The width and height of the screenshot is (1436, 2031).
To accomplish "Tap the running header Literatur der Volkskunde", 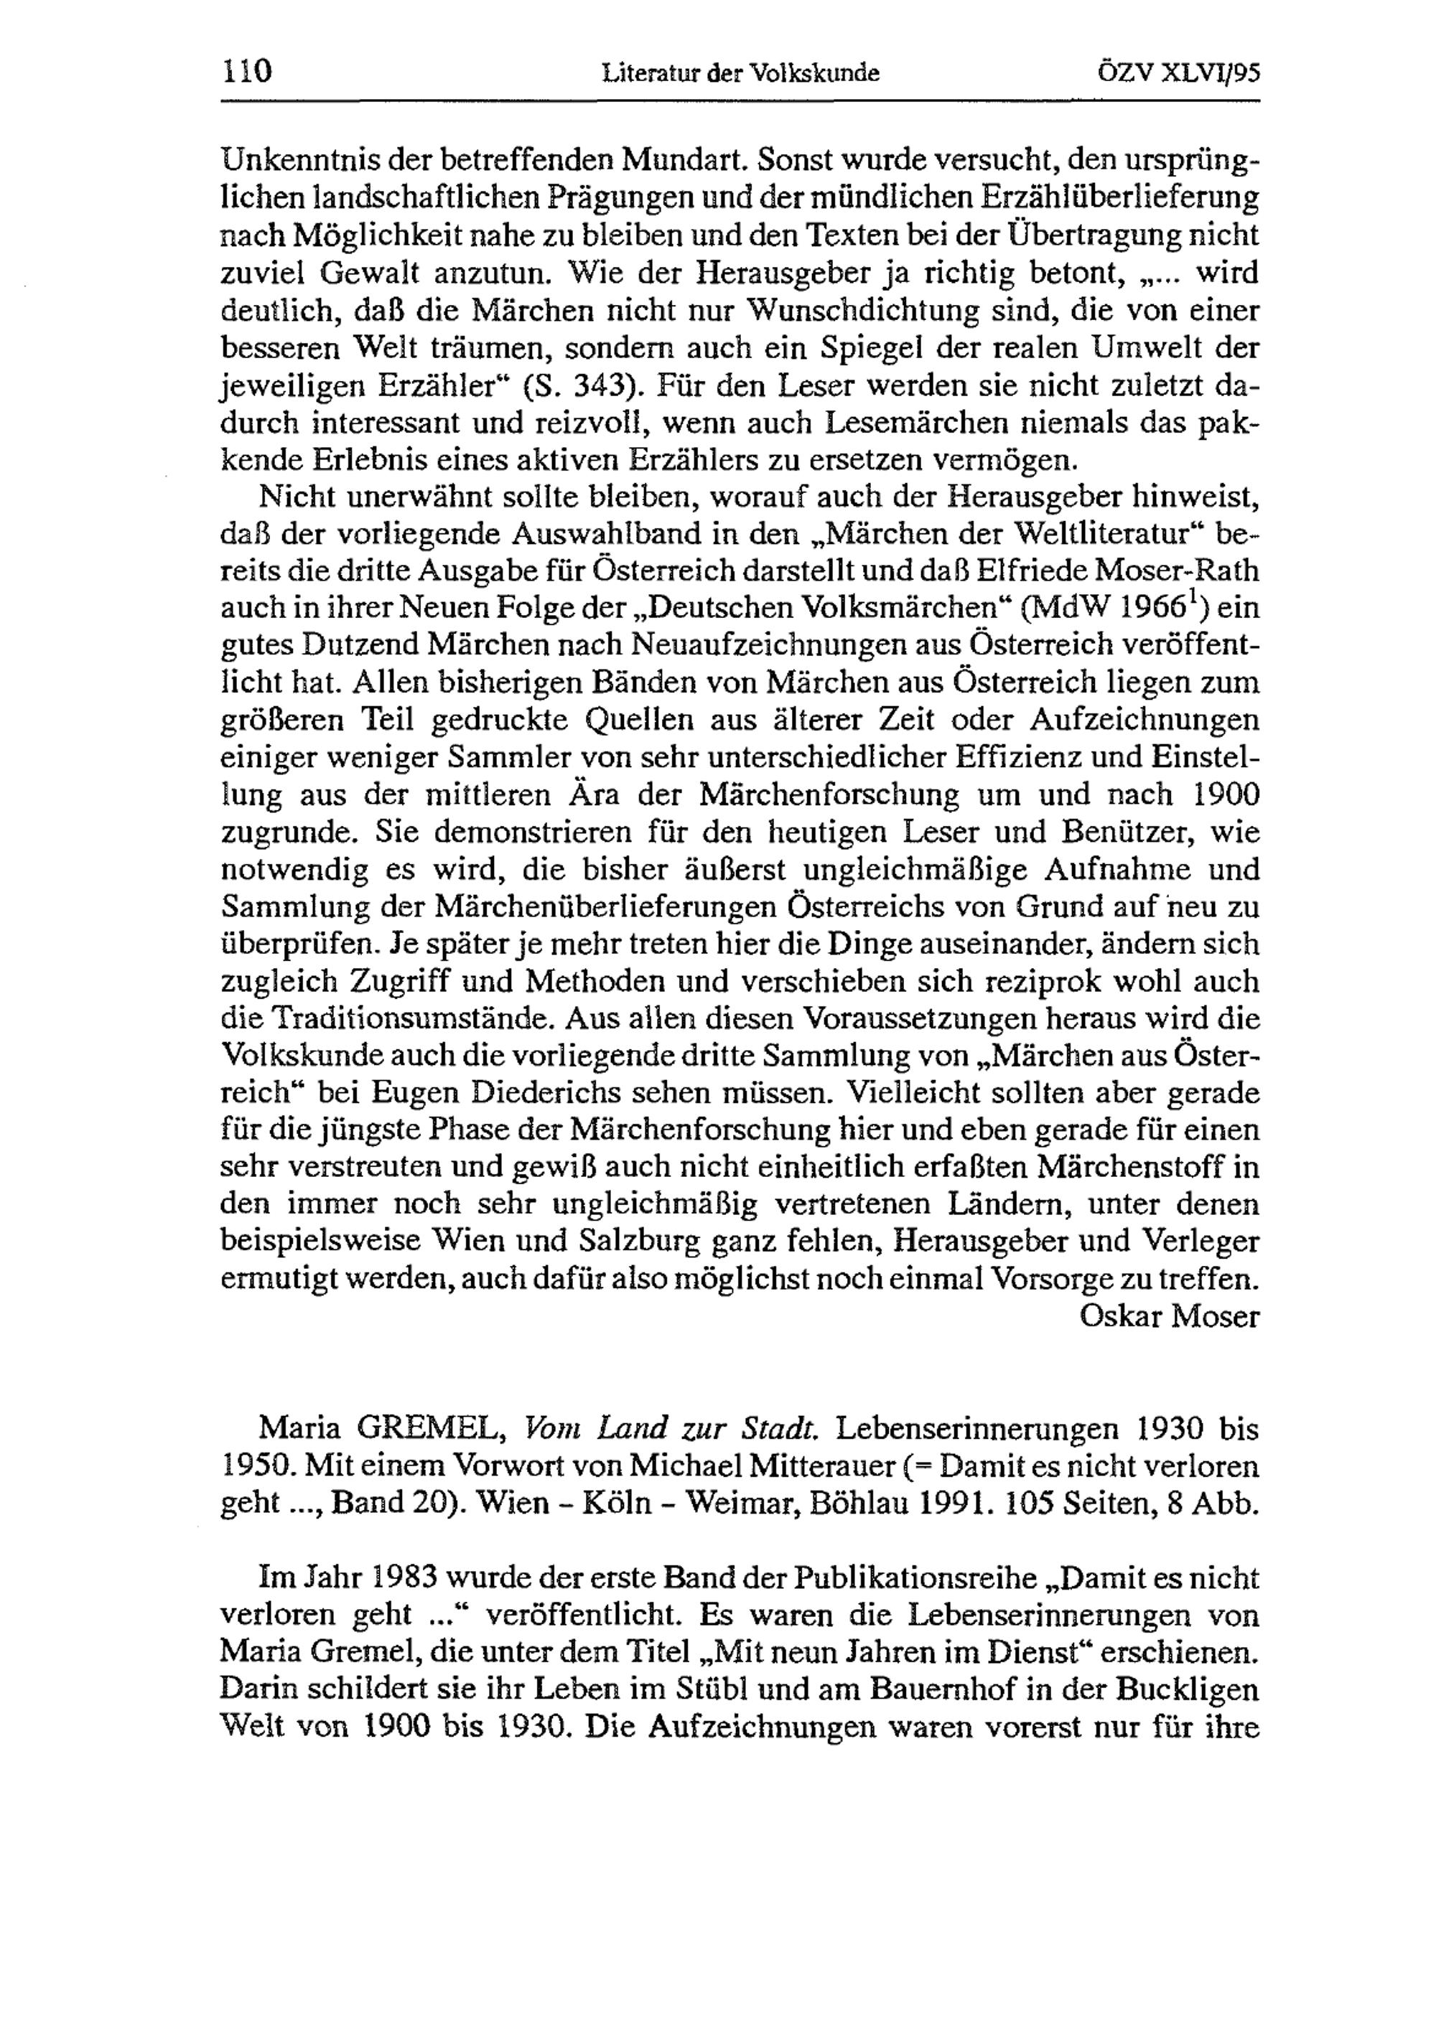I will pyautogui.click(x=740, y=73).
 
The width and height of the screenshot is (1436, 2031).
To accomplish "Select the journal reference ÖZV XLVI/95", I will pyautogui.click(x=1178, y=73).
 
